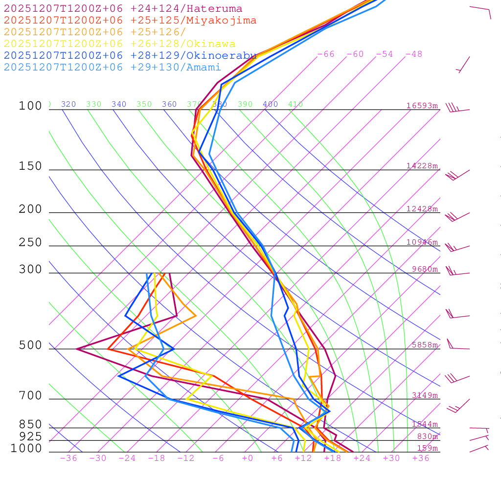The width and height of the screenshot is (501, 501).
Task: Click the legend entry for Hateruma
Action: click(x=123, y=9)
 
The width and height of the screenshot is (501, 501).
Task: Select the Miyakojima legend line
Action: click(x=130, y=21)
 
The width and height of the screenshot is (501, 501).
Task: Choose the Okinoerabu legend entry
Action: click(x=130, y=56)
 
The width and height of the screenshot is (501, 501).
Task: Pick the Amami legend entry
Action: click(x=112, y=68)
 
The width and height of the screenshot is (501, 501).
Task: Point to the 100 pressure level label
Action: click(x=30, y=106)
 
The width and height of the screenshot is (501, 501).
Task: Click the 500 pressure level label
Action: click(x=30, y=346)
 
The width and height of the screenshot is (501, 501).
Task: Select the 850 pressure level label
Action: click(x=30, y=425)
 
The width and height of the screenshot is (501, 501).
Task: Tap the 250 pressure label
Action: click(x=30, y=243)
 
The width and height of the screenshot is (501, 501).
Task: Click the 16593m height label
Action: click(x=422, y=106)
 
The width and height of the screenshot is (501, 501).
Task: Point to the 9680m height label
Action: click(x=425, y=269)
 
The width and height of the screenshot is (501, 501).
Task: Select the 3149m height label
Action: click(x=425, y=395)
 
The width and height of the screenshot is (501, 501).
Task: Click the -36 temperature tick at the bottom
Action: click(x=68, y=458)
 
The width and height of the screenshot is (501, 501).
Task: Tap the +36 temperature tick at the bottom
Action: click(x=421, y=458)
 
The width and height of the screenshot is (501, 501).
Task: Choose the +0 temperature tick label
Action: click(x=248, y=458)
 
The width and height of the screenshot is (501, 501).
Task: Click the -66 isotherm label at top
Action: click(x=326, y=54)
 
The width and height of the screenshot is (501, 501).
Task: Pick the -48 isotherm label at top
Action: click(x=414, y=54)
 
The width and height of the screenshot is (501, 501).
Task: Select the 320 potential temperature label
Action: click(x=68, y=104)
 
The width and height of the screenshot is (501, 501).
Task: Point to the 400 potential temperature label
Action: click(x=270, y=104)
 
